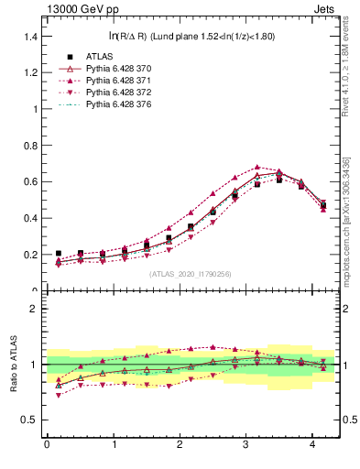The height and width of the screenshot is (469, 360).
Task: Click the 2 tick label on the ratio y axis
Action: tap(34, 309)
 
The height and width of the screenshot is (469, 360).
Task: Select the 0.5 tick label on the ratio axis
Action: tap(29, 420)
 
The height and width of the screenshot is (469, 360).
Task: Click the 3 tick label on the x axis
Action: tap(245, 446)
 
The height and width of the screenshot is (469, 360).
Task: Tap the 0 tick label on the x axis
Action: tap(47, 446)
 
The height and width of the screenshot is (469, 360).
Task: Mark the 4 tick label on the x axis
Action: tap(312, 446)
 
